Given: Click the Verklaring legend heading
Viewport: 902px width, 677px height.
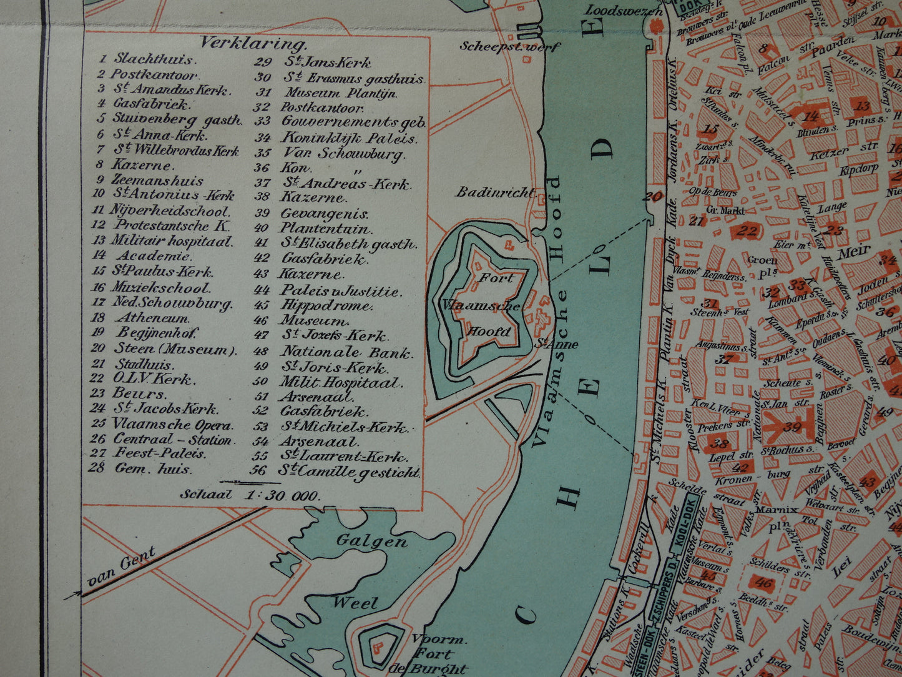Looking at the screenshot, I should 253,44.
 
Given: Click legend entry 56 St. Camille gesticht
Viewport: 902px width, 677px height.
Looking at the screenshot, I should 338,472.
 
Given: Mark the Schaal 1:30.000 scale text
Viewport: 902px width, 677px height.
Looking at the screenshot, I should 250,496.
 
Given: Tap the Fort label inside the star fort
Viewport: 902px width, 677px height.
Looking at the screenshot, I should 496,278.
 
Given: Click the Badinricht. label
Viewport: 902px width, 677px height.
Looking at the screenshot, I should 495,192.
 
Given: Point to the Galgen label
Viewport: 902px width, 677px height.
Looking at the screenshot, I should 373,541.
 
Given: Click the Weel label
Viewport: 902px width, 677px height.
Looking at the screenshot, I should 355,603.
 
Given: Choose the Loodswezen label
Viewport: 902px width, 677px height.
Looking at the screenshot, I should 623,11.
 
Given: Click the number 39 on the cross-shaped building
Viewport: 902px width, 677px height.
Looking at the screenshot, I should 792,427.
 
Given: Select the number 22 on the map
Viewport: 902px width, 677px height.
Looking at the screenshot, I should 747,231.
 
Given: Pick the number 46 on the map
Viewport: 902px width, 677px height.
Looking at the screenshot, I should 763,584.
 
